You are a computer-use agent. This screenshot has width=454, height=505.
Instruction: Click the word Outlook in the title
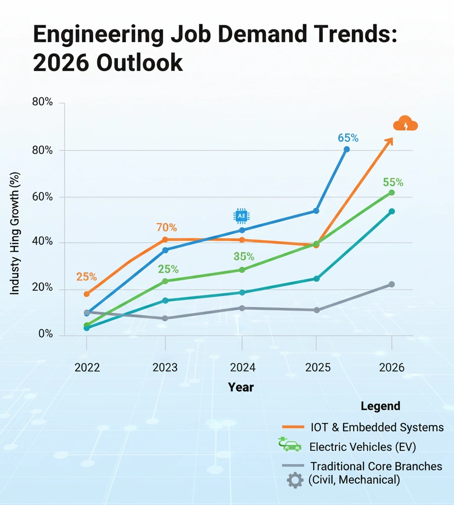point(133,63)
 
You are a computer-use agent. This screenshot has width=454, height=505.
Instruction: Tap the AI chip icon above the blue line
point(241,216)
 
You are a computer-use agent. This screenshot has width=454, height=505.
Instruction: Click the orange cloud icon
point(405,124)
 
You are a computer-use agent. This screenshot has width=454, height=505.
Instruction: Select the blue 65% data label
point(348,138)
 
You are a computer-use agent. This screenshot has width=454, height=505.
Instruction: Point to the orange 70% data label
point(167,227)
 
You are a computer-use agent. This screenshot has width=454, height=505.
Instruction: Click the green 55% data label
point(393,182)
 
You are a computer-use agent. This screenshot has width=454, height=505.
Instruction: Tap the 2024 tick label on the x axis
point(241,367)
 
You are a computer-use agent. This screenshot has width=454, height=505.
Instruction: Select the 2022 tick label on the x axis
point(87,367)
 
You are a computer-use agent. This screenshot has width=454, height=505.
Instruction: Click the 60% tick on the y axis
point(43,197)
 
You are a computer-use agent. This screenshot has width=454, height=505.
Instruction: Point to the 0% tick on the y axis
point(45,334)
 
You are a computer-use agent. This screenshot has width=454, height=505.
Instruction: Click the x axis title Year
point(241,387)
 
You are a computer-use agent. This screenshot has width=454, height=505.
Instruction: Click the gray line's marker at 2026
point(391,285)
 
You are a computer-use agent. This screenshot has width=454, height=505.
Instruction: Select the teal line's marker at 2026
point(391,211)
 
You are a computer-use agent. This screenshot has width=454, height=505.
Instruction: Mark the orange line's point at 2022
point(87,294)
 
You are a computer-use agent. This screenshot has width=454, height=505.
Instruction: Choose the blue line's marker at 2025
point(316,211)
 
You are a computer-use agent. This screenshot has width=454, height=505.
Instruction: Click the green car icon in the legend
point(290,445)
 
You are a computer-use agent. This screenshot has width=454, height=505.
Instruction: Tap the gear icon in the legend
point(295,480)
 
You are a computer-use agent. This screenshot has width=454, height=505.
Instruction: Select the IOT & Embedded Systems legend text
point(377,427)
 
